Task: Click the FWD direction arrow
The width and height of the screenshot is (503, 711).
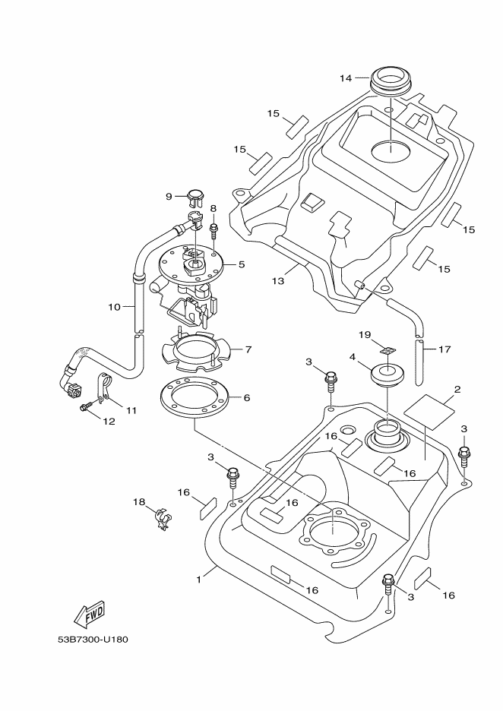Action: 90,613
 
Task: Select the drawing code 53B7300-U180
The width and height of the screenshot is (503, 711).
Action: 93,640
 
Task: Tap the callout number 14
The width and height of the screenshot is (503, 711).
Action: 346,78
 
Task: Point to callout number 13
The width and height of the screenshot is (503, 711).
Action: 278,281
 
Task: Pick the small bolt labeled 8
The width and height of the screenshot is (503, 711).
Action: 214,229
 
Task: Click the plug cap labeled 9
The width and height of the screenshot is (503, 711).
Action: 195,195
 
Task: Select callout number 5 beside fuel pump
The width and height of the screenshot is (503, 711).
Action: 242,264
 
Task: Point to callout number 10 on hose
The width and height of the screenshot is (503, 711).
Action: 114,307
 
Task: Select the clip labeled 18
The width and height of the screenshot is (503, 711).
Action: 163,518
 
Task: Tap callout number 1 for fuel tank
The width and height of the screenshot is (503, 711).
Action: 198,580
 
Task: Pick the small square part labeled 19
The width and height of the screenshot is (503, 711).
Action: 387,350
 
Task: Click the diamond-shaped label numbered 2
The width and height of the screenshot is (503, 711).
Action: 429,411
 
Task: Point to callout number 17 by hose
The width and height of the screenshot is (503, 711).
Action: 444,349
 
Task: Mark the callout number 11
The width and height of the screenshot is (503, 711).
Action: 131,410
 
